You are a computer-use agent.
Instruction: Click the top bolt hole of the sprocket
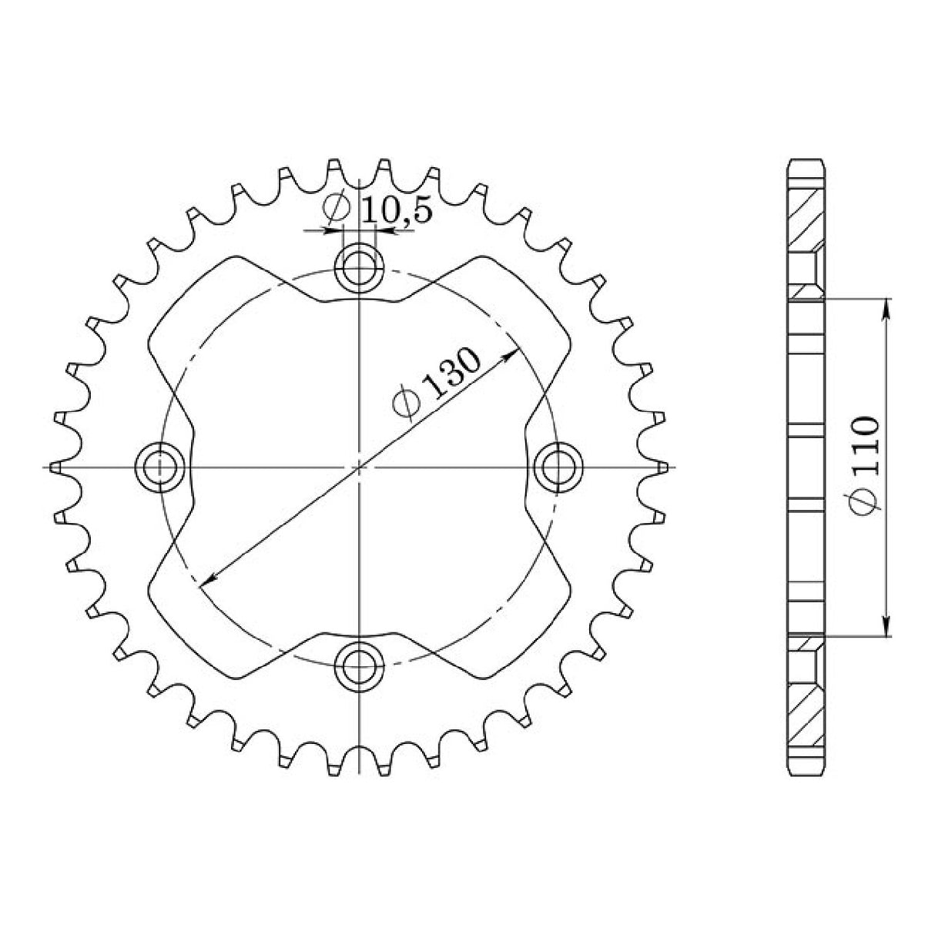[359, 269]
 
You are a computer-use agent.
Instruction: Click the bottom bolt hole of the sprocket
[359, 665]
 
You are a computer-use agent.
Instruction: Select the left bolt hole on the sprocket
[159, 467]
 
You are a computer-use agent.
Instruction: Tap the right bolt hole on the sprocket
[558, 467]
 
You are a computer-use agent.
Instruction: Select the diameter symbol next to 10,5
[337, 209]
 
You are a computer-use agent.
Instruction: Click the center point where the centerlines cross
[359, 467]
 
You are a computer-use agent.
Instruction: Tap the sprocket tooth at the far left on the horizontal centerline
[54, 467]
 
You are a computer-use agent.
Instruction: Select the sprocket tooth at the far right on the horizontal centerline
[662, 467]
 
